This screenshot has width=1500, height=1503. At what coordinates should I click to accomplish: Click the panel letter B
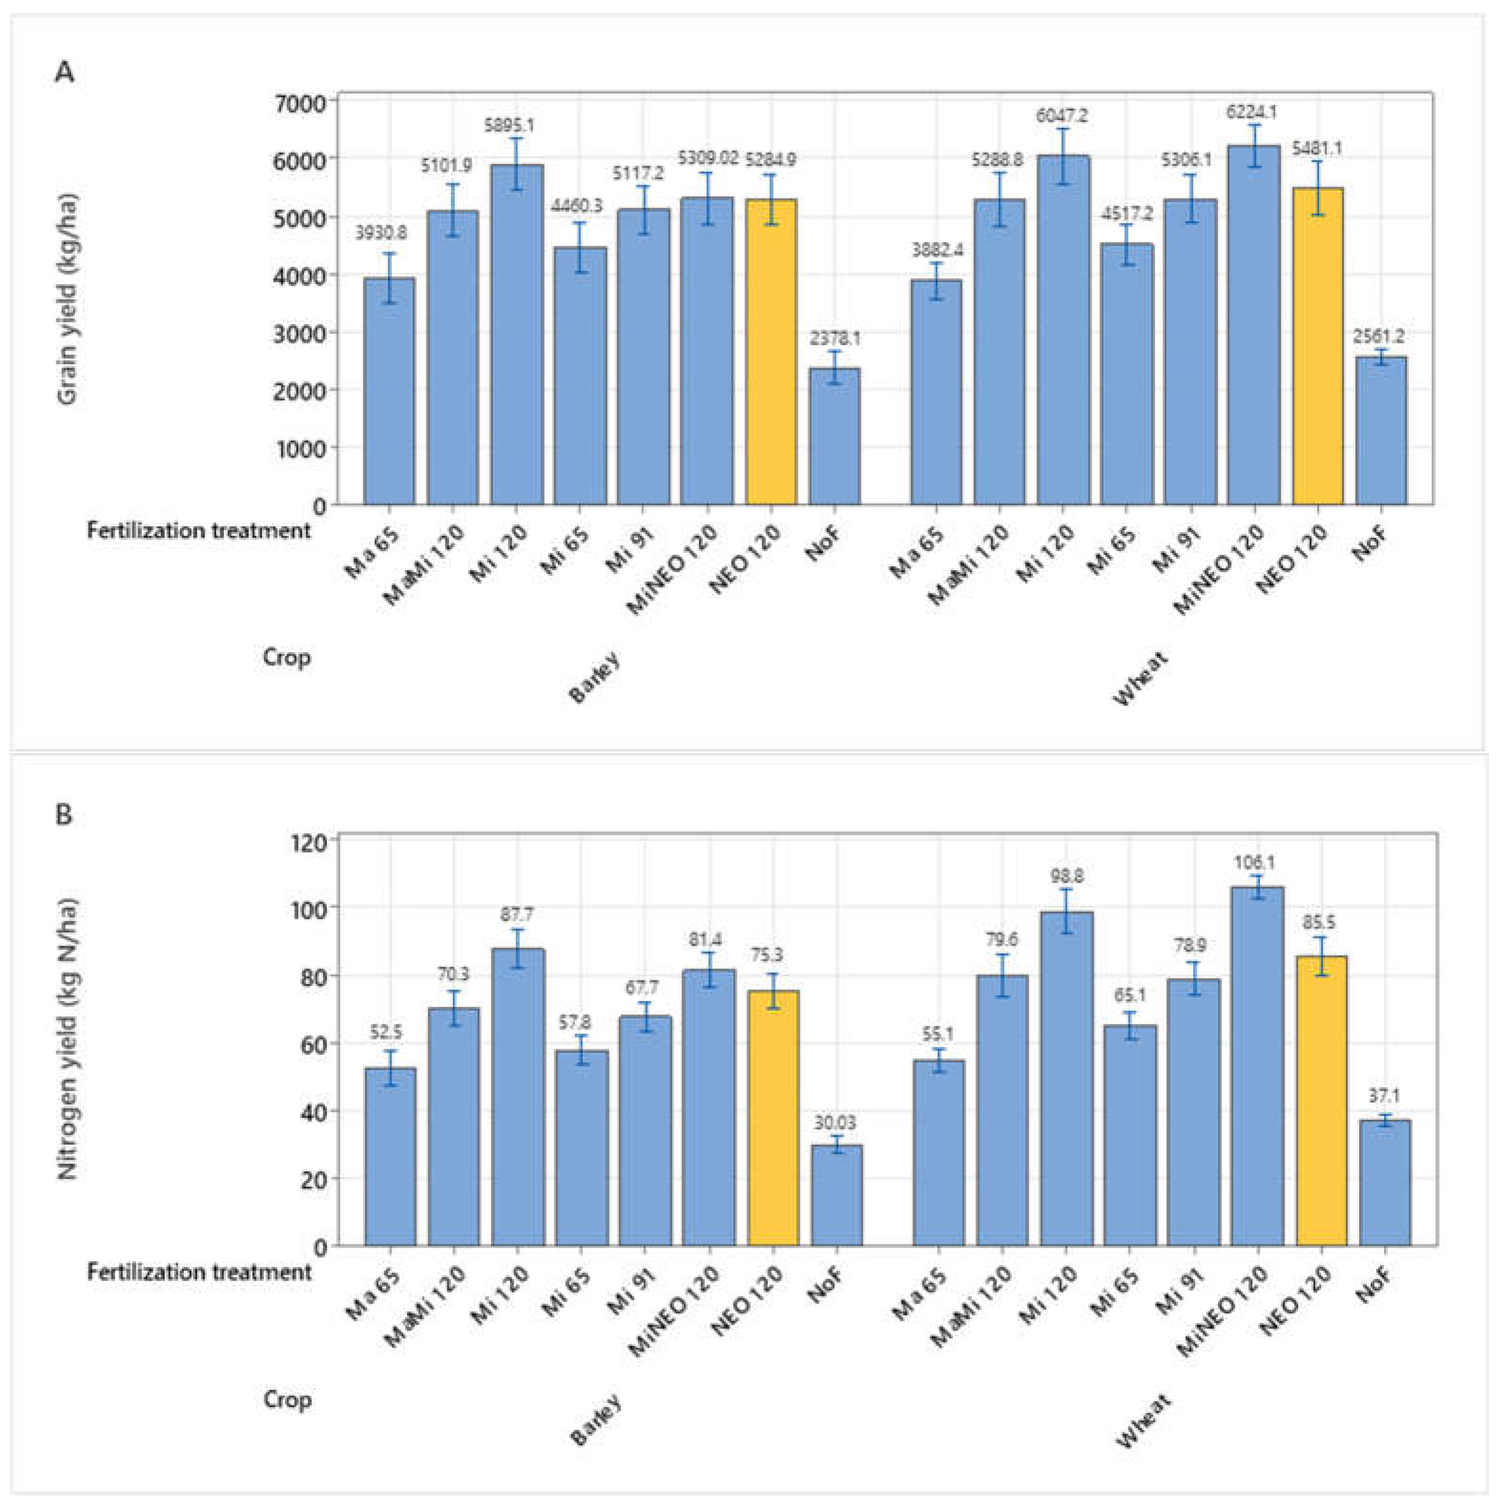click(x=64, y=814)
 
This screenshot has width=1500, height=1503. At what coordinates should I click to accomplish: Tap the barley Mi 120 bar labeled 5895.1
click(x=516, y=334)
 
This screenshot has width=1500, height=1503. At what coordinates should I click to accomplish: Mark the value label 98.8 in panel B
click(x=1066, y=877)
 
